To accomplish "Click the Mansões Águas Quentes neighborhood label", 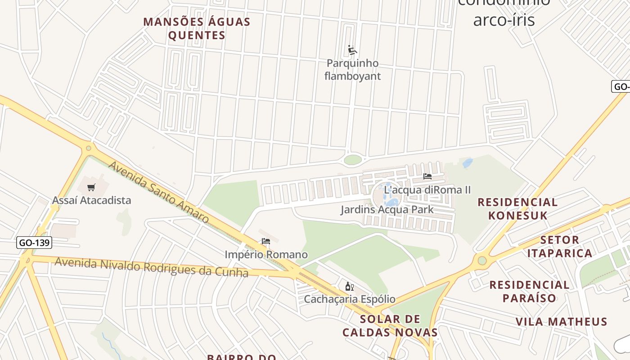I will click(x=197, y=28).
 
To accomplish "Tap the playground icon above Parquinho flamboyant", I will click(x=352, y=50).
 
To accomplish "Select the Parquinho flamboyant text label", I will click(x=352, y=70).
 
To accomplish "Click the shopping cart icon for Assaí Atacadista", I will click(x=91, y=187).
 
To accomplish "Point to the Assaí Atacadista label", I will click(x=91, y=200).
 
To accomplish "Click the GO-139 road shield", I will click(x=35, y=243).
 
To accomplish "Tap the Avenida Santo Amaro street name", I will click(x=158, y=192).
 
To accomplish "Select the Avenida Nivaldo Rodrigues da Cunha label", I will click(x=151, y=267).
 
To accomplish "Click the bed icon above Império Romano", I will click(x=266, y=242).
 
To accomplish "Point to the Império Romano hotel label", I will click(x=266, y=255).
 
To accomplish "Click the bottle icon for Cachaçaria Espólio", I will click(x=349, y=286).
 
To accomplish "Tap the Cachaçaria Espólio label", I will click(x=349, y=299).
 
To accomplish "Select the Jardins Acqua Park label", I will click(x=387, y=210).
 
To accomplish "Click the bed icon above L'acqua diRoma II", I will click(x=427, y=176).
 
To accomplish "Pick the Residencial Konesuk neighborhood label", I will click(x=517, y=209).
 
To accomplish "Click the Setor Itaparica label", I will click(x=559, y=246).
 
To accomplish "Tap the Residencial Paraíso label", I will click(x=529, y=291).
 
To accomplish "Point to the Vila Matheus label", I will click(x=561, y=322).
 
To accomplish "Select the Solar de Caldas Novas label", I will click(x=390, y=326).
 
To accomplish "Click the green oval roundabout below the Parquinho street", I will click(x=353, y=160).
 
